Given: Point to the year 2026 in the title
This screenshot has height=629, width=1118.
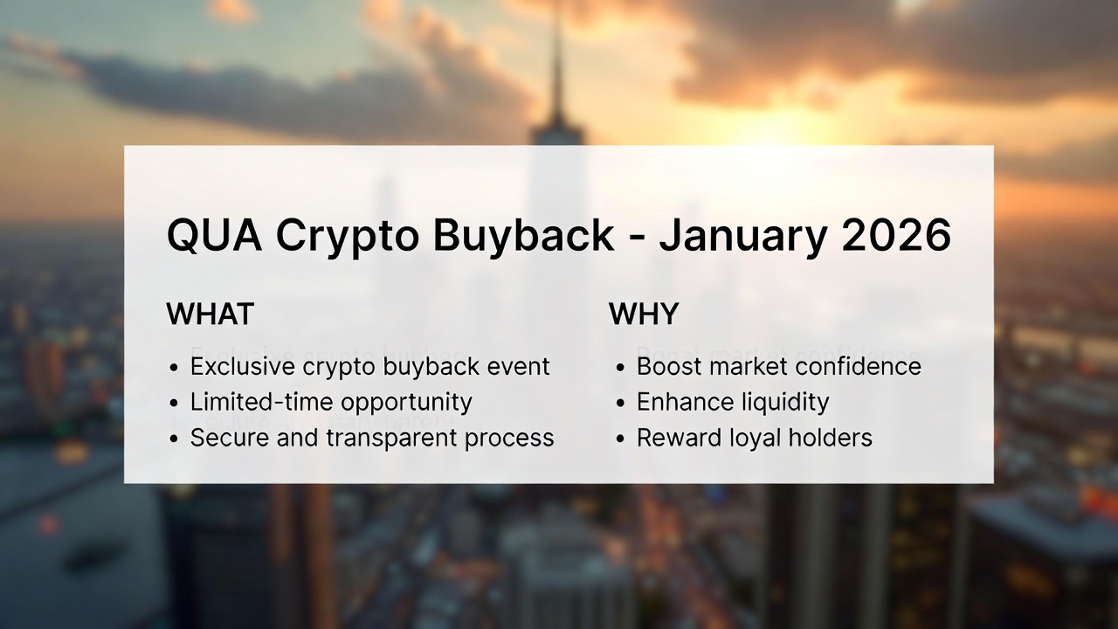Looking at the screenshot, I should coord(896,236).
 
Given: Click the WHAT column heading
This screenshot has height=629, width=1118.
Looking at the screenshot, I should coord(210,314).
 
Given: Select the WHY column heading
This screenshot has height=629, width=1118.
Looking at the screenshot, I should coord(644,314).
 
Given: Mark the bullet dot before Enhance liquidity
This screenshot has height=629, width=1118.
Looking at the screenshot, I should coord(620,404).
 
